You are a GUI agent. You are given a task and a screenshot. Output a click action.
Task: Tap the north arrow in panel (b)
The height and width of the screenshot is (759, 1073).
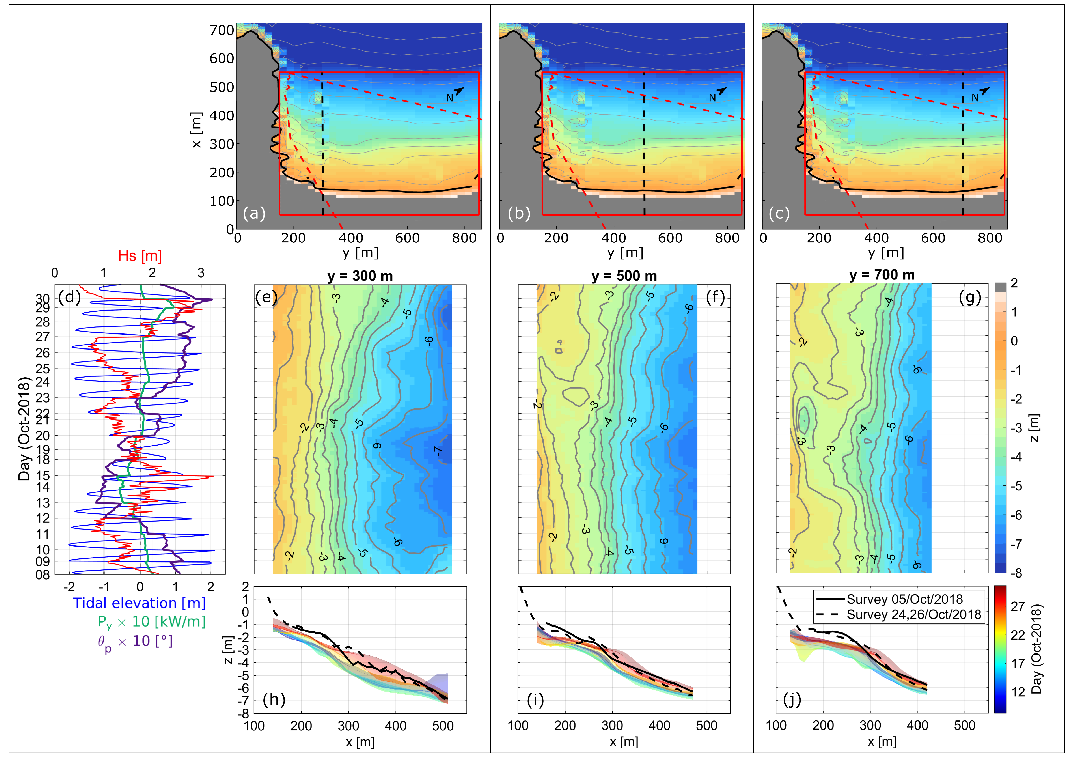click(x=721, y=92)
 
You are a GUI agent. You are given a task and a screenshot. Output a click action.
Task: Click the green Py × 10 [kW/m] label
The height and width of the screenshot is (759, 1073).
click(x=151, y=622)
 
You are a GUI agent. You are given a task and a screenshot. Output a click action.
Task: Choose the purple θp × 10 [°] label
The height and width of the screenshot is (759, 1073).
click(x=135, y=641)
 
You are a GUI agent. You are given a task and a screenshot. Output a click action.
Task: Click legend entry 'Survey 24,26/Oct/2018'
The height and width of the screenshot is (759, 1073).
click(x=914, y=615)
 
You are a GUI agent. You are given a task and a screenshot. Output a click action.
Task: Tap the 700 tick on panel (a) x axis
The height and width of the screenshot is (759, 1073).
click(x=222, y=31)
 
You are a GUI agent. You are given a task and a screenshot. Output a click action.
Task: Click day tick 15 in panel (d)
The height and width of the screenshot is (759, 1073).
click(x=43, y=476)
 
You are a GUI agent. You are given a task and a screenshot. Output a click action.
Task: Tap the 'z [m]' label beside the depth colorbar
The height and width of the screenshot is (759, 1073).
click(x=1034, y=428)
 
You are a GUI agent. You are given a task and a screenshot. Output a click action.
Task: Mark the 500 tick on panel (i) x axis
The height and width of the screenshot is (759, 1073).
click(x=707, y=725)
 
